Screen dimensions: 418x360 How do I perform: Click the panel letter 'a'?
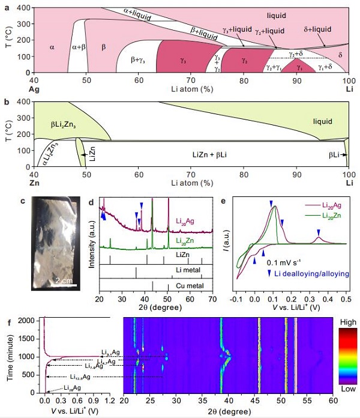click(6, 7)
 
